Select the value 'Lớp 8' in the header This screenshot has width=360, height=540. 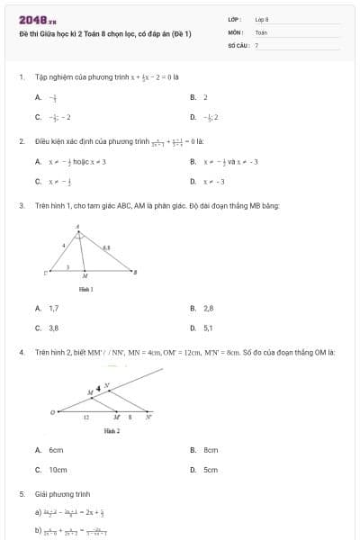coord(262,19)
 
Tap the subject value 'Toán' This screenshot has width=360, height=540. coord(261,31)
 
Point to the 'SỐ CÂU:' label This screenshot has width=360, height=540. coord(238,44)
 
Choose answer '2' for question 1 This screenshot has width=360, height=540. coord(205,96)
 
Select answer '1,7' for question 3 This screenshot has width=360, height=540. coord(53,308)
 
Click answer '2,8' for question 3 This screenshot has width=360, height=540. coord(208,308)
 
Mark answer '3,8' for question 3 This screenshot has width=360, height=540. coord(53,328)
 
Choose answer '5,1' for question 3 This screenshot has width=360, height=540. coord(208,328)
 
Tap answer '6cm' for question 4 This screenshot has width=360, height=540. coord(56,449)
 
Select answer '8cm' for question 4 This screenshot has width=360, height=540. coord(211,449)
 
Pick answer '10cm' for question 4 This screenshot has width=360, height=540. coord(58,470)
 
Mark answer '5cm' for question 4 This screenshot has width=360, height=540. coord(211,470)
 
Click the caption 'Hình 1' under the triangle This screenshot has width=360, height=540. coord(86,289)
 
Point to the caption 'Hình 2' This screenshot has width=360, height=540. coord(112,431)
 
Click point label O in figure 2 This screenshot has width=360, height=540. coord(52,412)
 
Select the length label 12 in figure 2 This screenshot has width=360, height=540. coord(86,418)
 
